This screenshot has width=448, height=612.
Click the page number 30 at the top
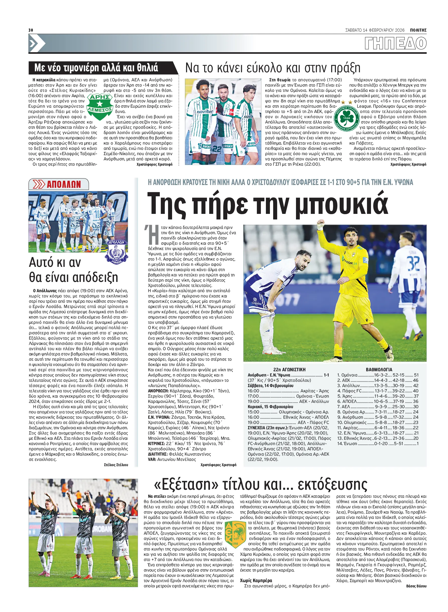(x=31, y=30)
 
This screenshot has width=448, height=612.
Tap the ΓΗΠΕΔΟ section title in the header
(x=395, y=43)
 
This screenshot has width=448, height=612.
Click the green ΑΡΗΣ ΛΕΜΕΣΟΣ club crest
(x=100, y=107)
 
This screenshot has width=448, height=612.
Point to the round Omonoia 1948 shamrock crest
(x=347, y=118)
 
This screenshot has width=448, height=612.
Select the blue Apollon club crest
(x=116, y=251)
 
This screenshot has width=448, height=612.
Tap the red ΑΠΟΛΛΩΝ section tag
(x=59, y=184)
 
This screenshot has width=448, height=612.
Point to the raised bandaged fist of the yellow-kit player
(x=321, y=224)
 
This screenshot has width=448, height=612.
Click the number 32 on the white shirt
(x=414, y=263)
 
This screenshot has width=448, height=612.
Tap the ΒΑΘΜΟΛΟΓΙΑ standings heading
(x=379, y=370)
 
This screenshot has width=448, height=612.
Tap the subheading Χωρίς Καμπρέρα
(x=256, y=581)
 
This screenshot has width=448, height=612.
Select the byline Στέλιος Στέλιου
(x=116, y=465)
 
